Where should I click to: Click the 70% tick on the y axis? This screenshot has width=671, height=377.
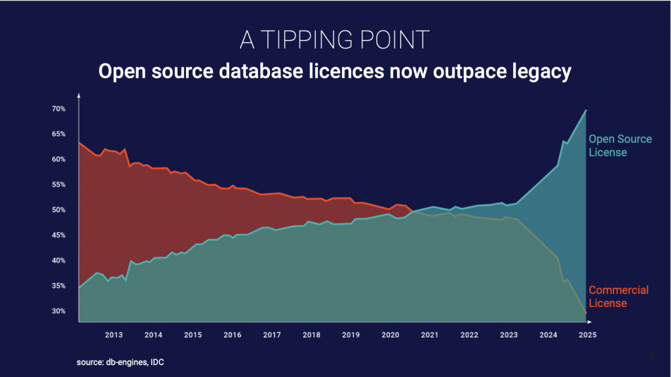[x=58, y=109]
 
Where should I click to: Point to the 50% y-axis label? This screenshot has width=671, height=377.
[x=58, y=210]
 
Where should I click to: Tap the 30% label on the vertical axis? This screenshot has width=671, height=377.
[x=58, y=311]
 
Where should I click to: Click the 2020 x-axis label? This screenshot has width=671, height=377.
[x=390, y=334]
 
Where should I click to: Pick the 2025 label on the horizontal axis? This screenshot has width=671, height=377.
[x=586, y=334]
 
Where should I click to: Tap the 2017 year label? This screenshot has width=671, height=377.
[x=271, y=334]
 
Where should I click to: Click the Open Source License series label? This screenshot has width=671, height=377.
[x=620, y=145]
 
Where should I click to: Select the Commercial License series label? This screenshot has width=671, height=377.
[x=618, y=296]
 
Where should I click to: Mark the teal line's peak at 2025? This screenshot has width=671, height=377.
[x=586, y=110]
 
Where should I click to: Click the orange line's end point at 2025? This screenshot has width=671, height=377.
[x=586, y=313]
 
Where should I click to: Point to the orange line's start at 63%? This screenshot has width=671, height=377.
[x=79, y=143]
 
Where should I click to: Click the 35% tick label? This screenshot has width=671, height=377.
[x=58, y=286]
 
